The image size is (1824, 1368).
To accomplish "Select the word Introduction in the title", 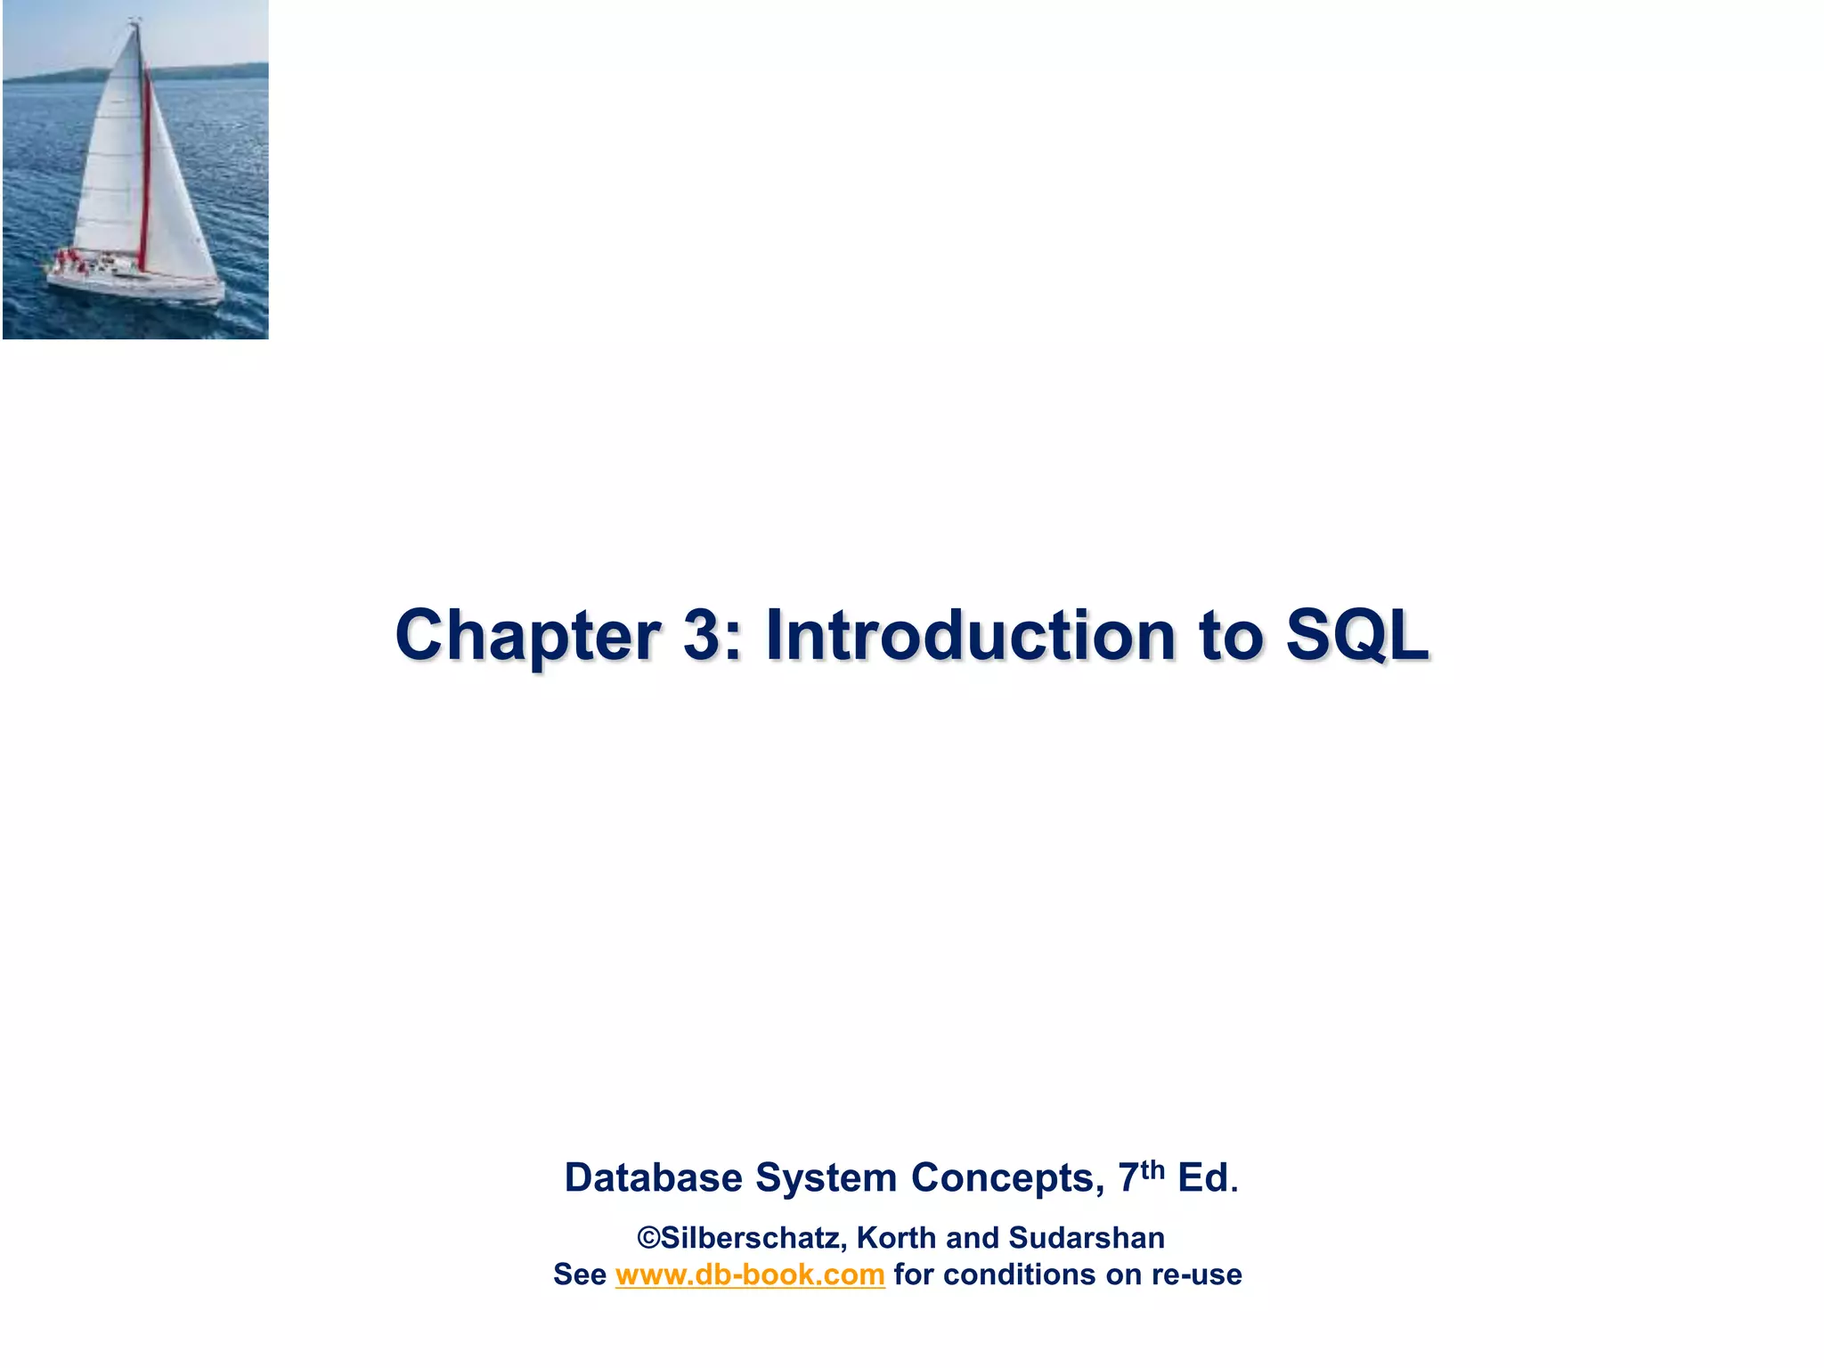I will point(970,636).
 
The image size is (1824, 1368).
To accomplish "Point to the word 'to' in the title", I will point(1230,636).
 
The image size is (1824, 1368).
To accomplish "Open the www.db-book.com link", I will point(749,1274).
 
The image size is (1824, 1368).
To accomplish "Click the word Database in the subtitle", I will point(653,1178).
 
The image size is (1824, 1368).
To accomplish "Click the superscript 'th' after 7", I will point(1152,1168).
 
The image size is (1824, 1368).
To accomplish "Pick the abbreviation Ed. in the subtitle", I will point(1207,1178).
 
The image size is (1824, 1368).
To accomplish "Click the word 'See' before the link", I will point(579,1274).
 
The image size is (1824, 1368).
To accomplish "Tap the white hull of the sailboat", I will point(134,287).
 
